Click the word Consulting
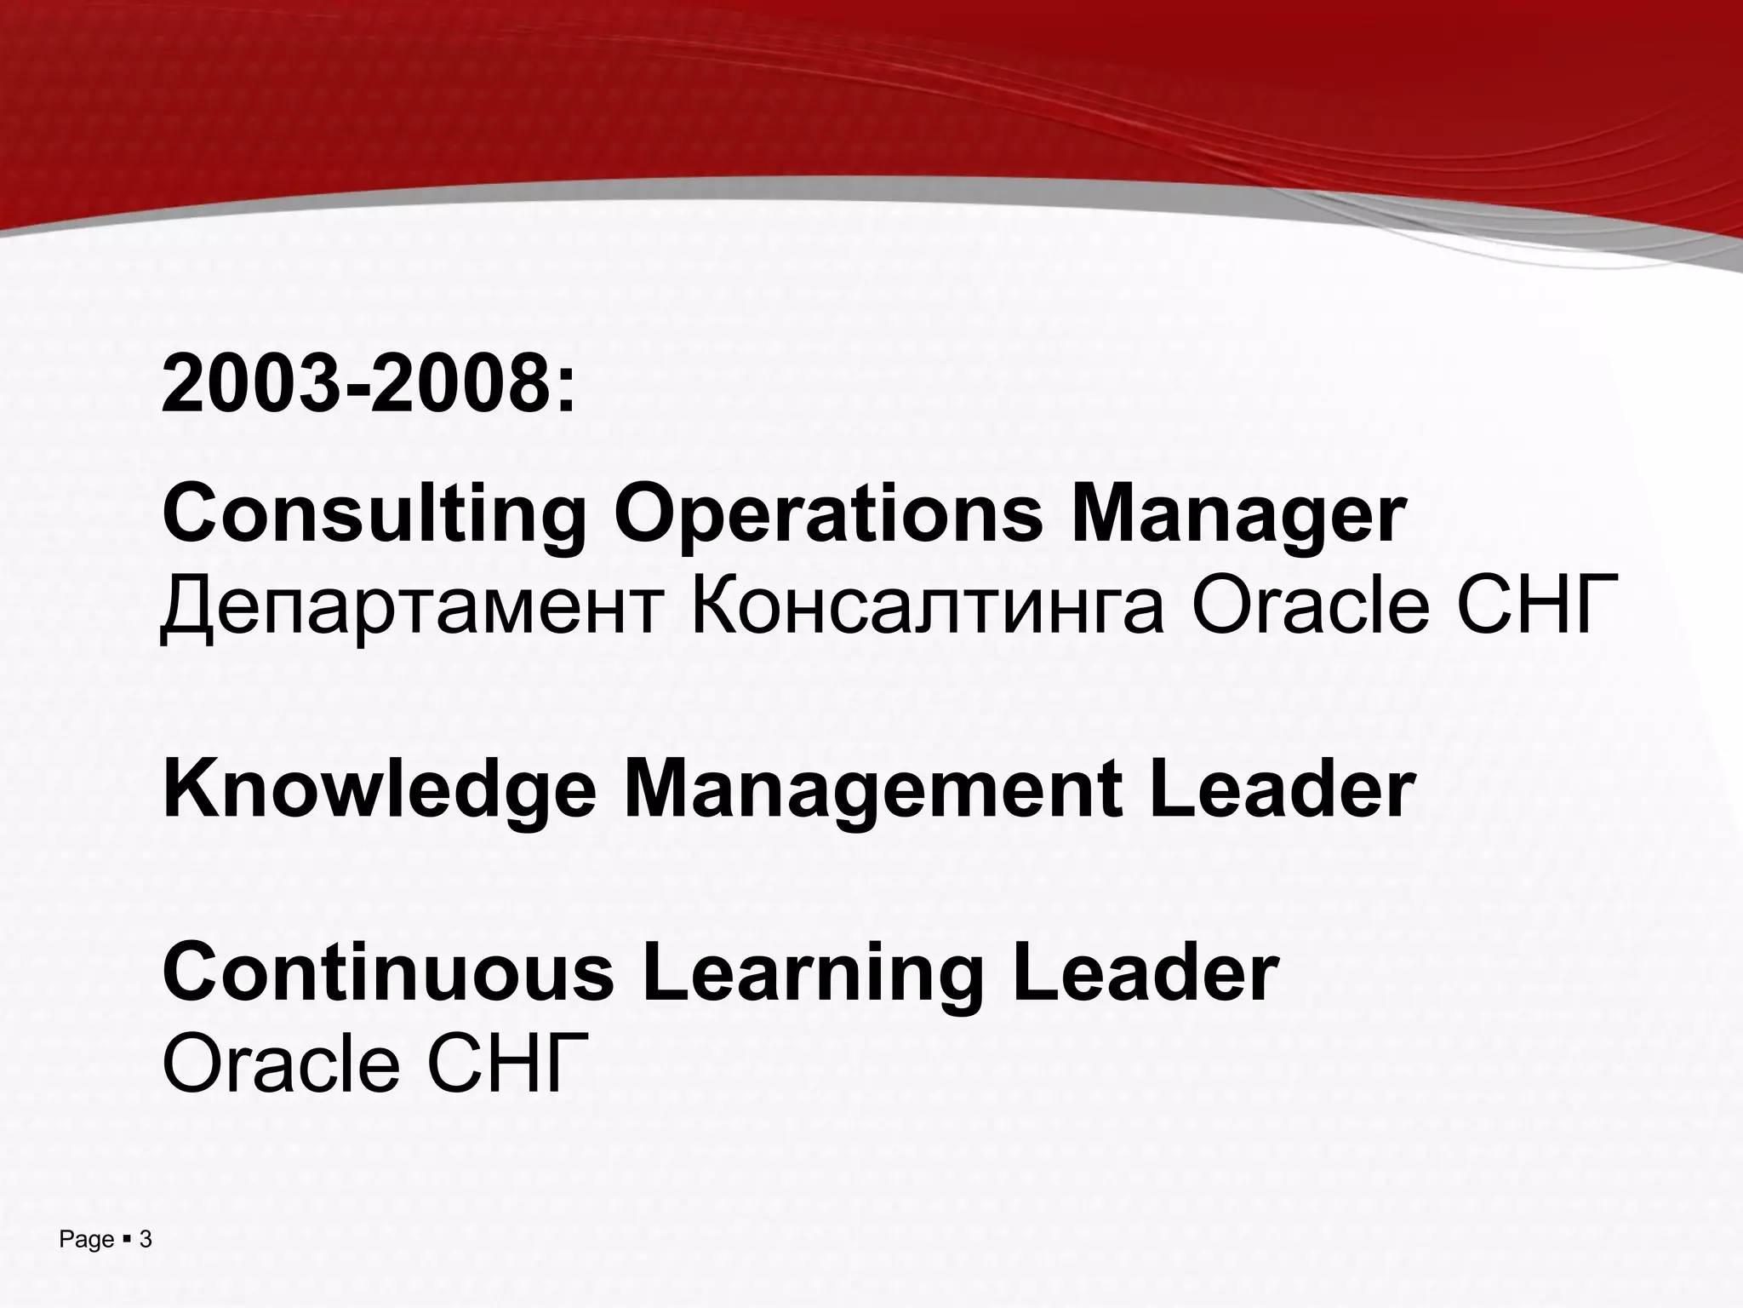374,513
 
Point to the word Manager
1238,513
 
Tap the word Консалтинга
928,605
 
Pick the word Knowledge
380,791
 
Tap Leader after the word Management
1282,789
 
